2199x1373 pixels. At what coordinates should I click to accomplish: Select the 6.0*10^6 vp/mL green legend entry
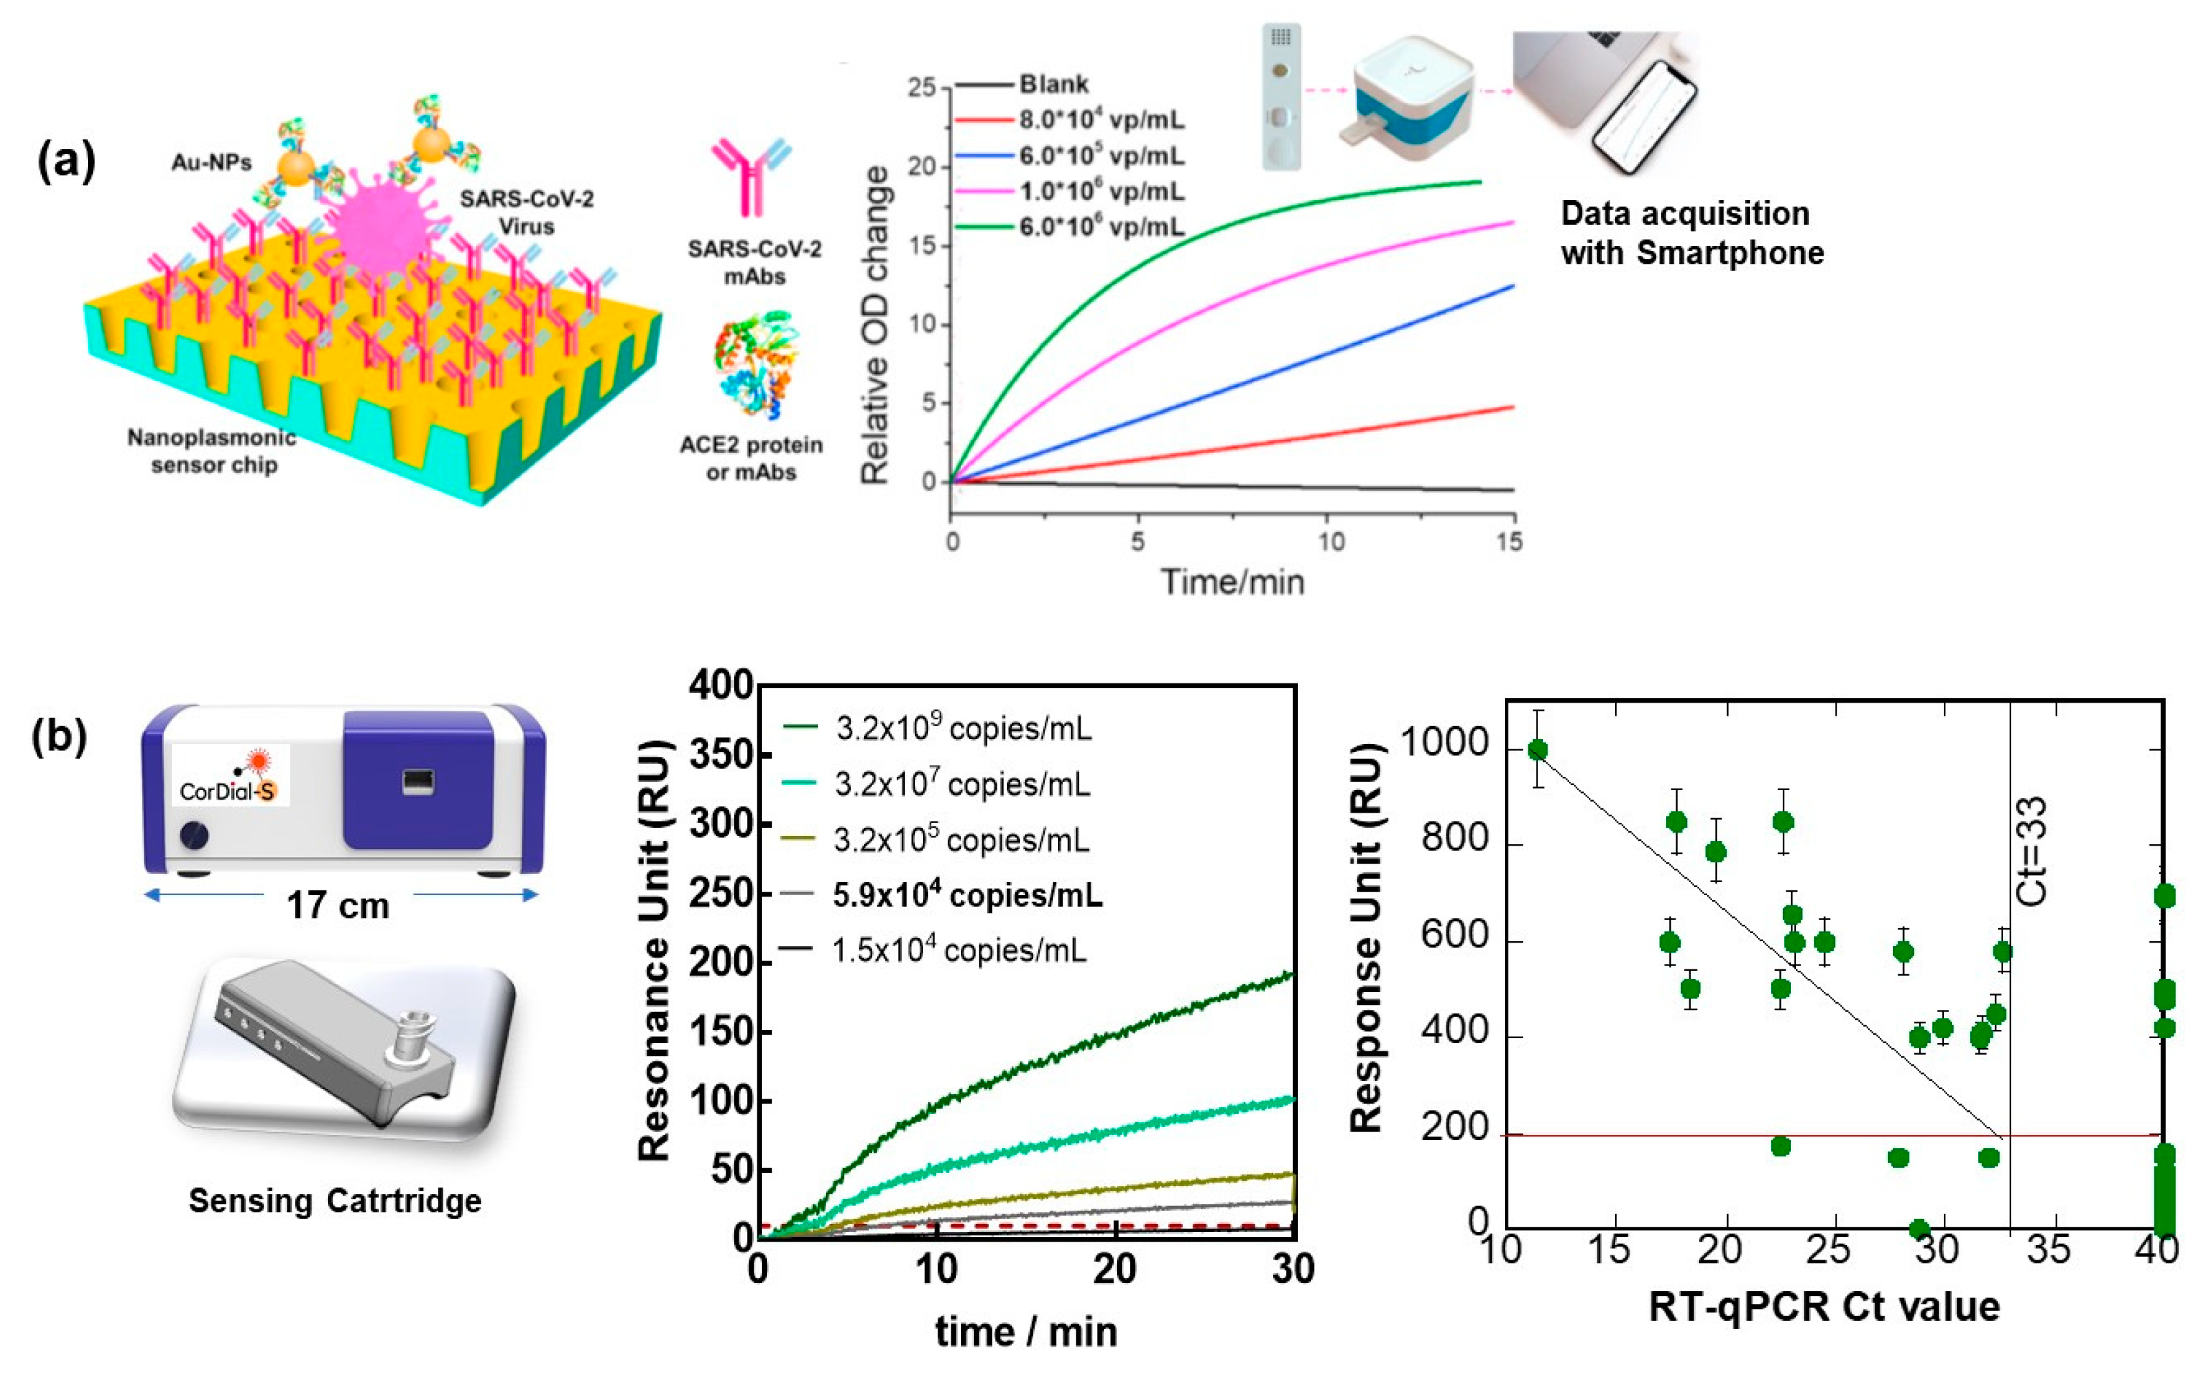click(1100, 226)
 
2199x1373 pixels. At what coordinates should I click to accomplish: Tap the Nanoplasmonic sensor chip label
click(212, 451)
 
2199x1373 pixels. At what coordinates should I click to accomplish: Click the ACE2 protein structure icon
click(754, 363)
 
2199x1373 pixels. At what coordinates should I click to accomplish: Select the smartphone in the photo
click(1644, 118)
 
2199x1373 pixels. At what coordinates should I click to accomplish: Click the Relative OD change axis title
click(875, 325)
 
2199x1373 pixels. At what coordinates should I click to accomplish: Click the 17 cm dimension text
click(338, 905)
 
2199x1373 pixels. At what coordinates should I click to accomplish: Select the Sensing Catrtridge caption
click(334, 1200)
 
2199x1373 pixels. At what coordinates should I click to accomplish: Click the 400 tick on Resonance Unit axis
click(720, 685)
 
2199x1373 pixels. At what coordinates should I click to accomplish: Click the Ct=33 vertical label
click(2032, 851)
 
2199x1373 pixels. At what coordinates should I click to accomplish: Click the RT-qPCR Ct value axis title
click(1824, 1308)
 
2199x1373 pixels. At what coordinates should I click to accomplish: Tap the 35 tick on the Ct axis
click(2048, 1251)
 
